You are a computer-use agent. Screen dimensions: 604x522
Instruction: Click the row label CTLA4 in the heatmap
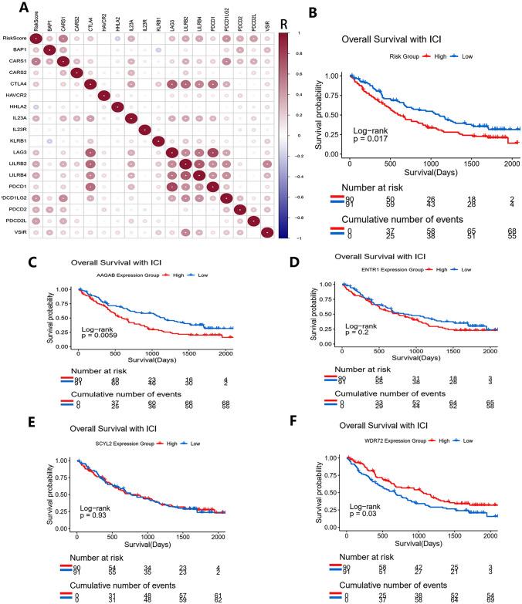[x=14, y=83]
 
